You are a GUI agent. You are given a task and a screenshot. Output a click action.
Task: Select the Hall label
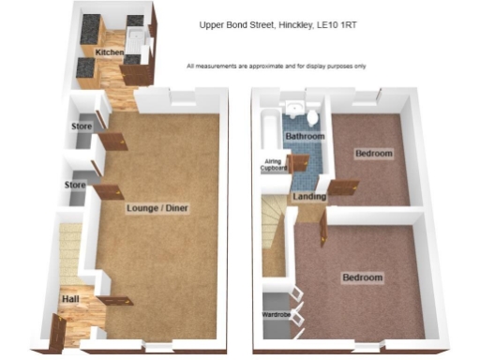pyautogui.click(x=70, y=299)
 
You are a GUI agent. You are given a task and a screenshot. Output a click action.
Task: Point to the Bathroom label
pyautogui.click(x=305, y=138)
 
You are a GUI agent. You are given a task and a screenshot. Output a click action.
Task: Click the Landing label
pyautogui.click(x=308, y=197)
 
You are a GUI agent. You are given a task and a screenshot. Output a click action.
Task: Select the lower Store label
pyautogui.click(x=76, y=185)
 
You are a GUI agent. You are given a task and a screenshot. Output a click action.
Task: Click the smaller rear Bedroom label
pyautogui.click(x=372, y=153)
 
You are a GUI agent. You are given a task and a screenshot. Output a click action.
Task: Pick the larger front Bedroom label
pyautogui.click(x=362, y=278)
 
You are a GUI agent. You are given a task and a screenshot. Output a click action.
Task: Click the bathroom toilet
pyautogui.click(x=311, y=115)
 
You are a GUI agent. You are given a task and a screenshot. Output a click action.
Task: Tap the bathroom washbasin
pyautogui.click(x=294, y=109)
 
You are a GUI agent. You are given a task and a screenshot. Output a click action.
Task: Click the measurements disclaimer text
pyautogui.click(x=276, y=66)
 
